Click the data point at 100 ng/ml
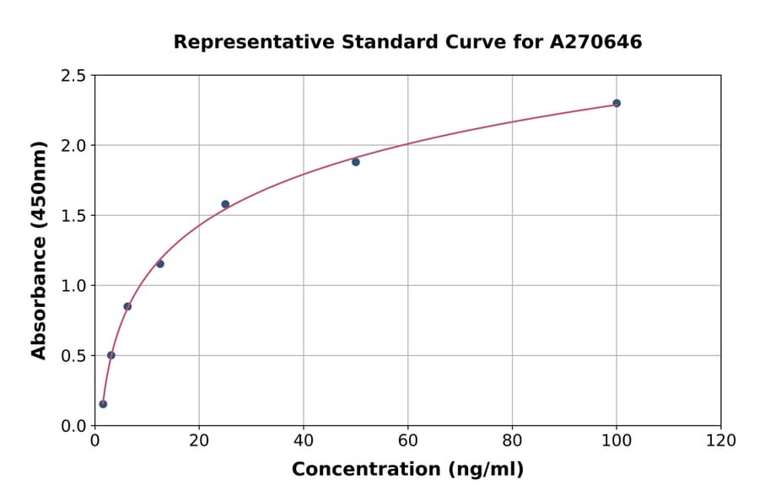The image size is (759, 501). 616,103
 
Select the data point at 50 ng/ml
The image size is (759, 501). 356,162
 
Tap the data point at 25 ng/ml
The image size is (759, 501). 225,204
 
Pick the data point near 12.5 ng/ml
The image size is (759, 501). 160,264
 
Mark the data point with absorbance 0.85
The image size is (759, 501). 127,306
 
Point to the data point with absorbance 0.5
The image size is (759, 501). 111,355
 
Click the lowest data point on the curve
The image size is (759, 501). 103,404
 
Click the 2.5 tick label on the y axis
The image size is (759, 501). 73,76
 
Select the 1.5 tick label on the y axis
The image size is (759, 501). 73,216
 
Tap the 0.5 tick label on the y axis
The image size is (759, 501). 73,356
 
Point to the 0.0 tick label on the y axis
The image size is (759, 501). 73,426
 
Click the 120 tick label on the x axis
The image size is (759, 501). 721,441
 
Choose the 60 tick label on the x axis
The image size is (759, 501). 407,441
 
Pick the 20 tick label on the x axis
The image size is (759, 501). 199,441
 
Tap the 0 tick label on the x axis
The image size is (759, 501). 94,441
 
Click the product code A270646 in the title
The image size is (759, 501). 596,42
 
